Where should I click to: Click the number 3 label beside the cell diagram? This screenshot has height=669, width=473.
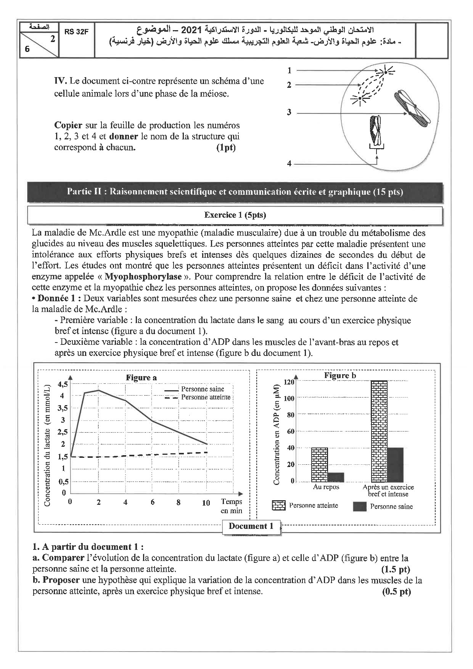pos(289,112)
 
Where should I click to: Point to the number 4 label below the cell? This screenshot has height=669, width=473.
pos(289,163)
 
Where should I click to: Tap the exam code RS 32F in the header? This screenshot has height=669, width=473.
pos(76,32)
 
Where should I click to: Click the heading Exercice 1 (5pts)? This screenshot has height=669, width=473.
pos(235,215)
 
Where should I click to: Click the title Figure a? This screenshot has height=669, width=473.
pos(141,378)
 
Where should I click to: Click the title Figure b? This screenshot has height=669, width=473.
pos(340,375)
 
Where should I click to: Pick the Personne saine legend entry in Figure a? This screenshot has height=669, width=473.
pos(202,389)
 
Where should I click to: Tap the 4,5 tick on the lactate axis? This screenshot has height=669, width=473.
pos(63,384)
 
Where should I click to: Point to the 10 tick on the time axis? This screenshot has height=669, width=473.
pos(206,503)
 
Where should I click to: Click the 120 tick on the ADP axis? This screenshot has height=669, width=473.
pos(289,382)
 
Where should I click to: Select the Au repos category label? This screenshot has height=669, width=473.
pos(326,487)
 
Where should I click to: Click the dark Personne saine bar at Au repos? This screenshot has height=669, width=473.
pos(336,477)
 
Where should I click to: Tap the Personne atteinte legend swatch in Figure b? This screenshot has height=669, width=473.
pos(278,506)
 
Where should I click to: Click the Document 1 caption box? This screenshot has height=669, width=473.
pos(251,526)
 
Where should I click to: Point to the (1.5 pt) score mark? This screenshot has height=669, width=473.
pos(396,569)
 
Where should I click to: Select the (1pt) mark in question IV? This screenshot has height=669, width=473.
pos(226,148)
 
